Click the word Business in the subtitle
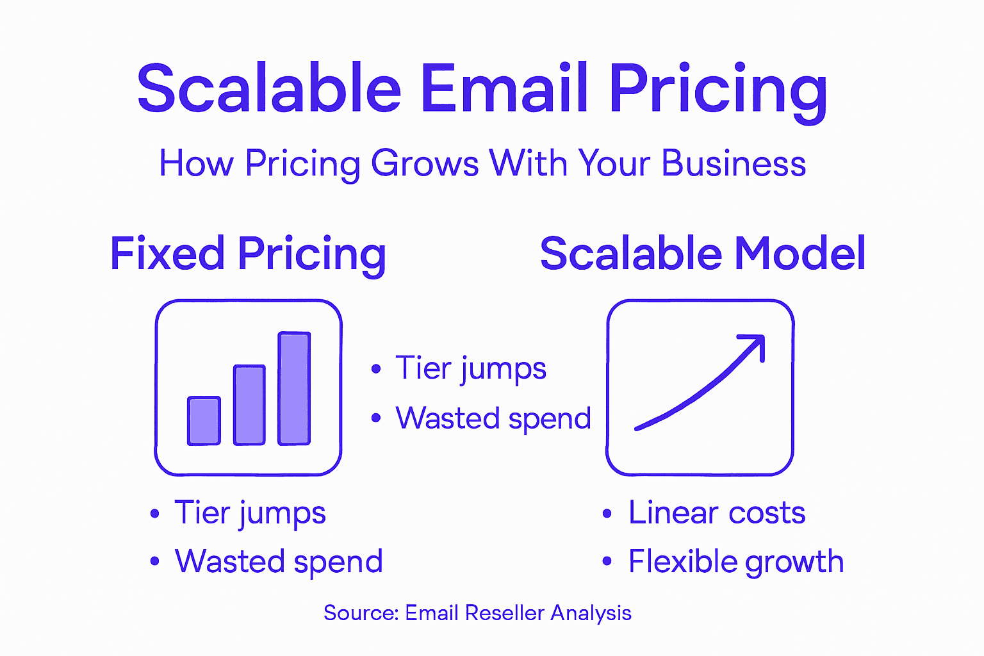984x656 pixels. tap(734, 163)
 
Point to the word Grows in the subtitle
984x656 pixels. tap(425, 163)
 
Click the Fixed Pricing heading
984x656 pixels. tap(248, 254)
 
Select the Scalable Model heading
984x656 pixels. tap(703, 254)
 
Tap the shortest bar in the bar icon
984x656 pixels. tap(204, 421)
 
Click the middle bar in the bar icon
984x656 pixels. tap(249, 405)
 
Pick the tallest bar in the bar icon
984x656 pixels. tap(294, 388)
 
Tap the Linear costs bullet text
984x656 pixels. tap(716, 512)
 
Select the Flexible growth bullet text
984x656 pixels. tap(735, 562)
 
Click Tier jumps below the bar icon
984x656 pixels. tap(250, 513)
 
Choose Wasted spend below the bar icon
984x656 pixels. tap(279, 562)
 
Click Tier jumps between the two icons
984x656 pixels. tap(471, 368)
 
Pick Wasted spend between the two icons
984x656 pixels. tap(493, 418)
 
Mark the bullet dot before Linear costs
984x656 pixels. tap(607, 513)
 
